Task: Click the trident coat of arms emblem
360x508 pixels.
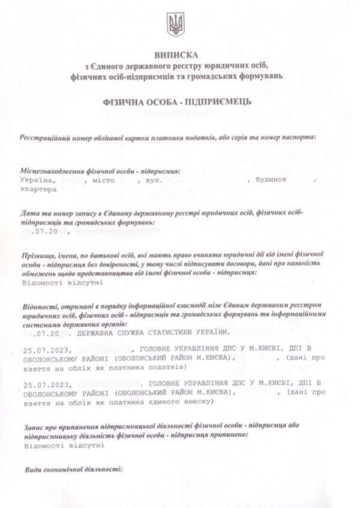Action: click(x=176, y=25)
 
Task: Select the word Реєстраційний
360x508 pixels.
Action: click(x=44, y=137)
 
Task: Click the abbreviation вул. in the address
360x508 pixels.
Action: click(x=154, y=180)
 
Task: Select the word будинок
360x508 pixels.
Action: click(x=272, y=180)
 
